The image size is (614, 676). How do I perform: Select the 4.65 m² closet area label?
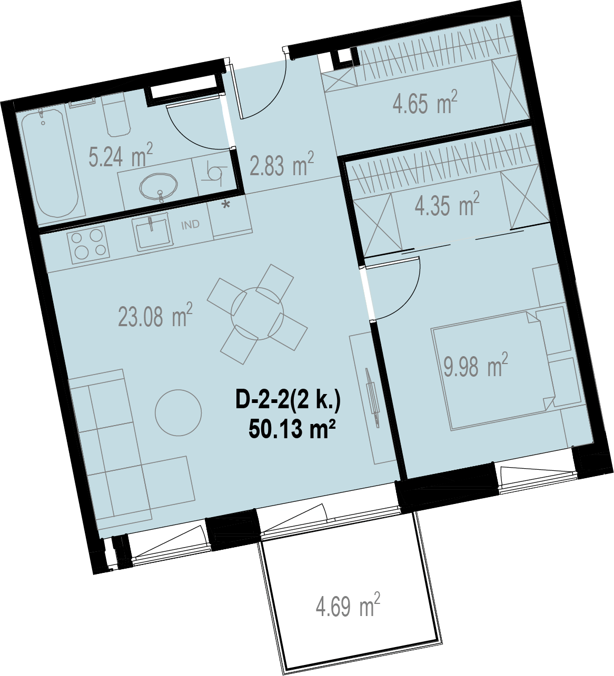[425, 102]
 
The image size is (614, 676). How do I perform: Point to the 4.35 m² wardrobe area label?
[447, 204]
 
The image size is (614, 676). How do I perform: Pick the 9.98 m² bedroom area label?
[476, 365]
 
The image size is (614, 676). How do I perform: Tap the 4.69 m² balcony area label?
[348, 605]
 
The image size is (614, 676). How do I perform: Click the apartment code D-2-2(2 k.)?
[288, 401]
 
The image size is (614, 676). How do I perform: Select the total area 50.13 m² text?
[292, 430]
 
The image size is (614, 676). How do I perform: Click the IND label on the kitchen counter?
[191, 225]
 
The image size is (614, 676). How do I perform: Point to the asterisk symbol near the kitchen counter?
[227, 205]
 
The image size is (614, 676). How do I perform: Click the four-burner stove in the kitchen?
[88, 243]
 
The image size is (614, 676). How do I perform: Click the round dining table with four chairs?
[257, 314]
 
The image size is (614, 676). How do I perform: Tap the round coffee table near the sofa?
[178, 412]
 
